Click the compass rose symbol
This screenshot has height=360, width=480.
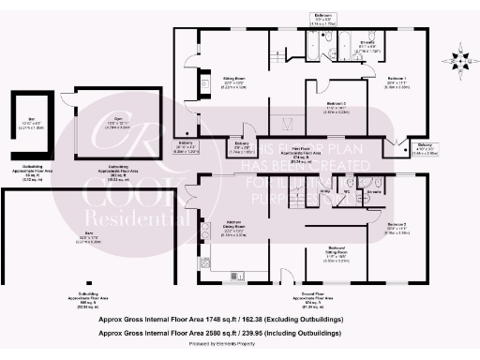click(457, 54)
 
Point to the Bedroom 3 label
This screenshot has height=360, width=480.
click(336, 105)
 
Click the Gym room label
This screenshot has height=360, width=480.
click(119, 118)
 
